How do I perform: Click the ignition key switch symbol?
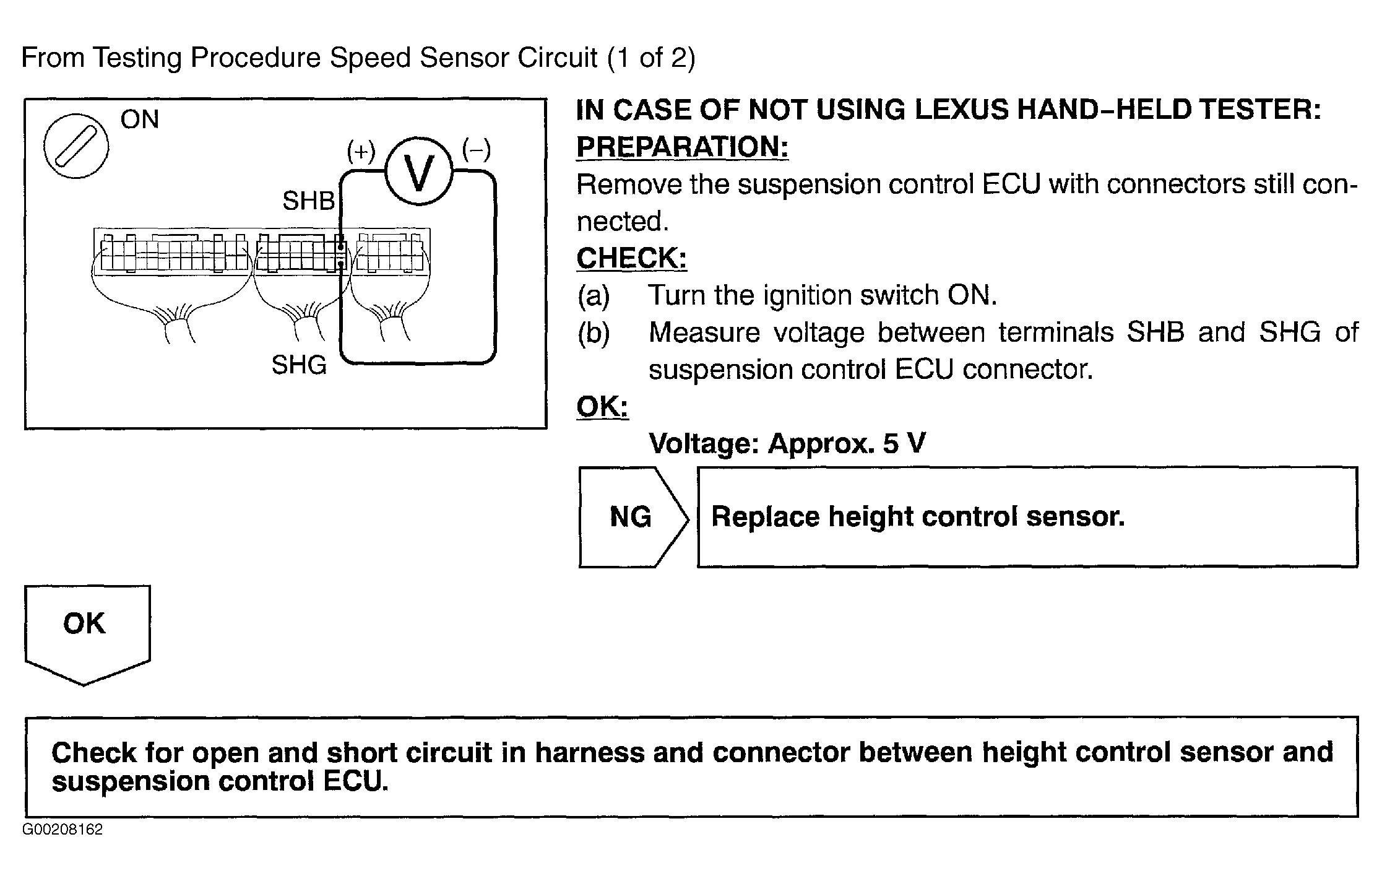(76, 147)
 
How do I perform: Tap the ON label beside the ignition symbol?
(140, 119)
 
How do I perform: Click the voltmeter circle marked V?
(419, 171)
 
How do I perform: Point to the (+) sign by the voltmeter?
(361, 151)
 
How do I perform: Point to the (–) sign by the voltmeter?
(477, 150)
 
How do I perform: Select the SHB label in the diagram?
(309, 201)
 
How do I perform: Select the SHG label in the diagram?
(299, 365)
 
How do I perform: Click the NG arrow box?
(633, 517)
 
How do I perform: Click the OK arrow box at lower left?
(87, 635)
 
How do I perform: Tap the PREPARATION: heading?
(683, 147)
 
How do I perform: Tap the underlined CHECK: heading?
(632, 258)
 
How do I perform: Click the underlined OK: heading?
(602, 407)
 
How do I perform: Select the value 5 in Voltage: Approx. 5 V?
(891, 443)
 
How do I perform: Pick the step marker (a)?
(594, 296)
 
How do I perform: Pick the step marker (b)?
(594, 333)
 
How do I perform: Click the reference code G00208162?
(63, 830)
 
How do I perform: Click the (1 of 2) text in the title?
(651, 58)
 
